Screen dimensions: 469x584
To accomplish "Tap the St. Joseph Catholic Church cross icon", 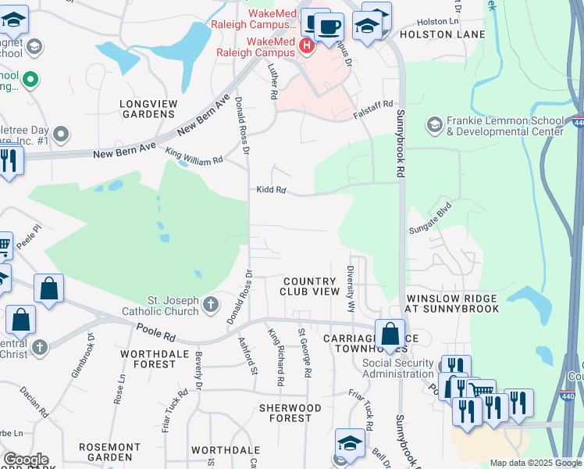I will click(x=210, y=305).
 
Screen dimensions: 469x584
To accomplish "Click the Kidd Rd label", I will click(x=271, y=190).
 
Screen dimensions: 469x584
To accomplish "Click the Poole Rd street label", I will click(x=155, y=334).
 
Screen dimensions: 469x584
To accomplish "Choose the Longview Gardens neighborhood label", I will click(x=148, y=109).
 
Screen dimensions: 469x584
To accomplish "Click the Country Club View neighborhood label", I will click(x=311, y=286).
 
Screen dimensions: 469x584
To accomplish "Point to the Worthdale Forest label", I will click(x=149, y=359).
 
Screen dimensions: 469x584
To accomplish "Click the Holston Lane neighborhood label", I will click(x=442, y=34).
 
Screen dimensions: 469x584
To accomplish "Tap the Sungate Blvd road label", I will click(x=430, y=227).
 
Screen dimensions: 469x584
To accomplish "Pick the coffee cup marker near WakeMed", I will click(x=329, y=26).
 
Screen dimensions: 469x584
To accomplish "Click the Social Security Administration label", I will click(x=397, y=368).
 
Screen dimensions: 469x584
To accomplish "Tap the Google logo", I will click(x=26, y=460).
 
